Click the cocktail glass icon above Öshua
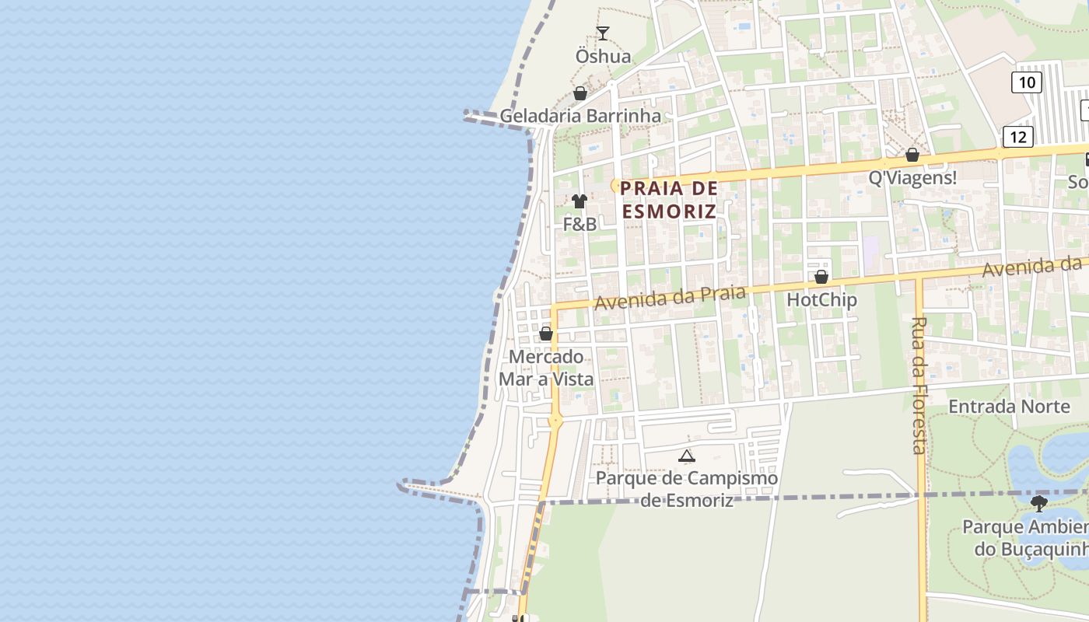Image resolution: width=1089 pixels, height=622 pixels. point(602,33)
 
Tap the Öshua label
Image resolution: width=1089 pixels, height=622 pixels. point(603,57)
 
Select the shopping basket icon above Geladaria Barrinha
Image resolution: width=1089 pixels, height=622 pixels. point(580,93)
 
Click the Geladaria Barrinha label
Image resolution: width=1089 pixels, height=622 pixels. point(580,117)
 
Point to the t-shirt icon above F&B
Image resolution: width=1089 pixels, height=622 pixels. point(579,201)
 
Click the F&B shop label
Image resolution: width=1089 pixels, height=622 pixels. point(580,225)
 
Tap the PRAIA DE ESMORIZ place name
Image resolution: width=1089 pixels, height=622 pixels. point(669,200)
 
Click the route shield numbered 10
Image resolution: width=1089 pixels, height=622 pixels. point(1026,82)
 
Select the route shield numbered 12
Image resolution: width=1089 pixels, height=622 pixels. point(1017,138)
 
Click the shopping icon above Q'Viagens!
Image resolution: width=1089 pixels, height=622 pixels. point(912,155)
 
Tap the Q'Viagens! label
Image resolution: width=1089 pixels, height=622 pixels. point(912,178)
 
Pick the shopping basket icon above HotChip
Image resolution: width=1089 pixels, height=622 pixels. point(821,277)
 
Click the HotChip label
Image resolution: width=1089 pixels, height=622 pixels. point(821,300)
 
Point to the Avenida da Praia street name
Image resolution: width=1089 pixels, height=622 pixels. point(671,297)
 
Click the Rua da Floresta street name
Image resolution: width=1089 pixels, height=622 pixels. point(919,385)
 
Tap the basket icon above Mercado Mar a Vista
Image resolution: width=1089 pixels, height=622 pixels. point(546,334)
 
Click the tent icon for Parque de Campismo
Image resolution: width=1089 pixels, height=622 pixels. point(686,456)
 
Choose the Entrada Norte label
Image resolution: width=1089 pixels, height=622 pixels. point(998,407)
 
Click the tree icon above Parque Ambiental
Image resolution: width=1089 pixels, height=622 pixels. point(1038,504)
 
